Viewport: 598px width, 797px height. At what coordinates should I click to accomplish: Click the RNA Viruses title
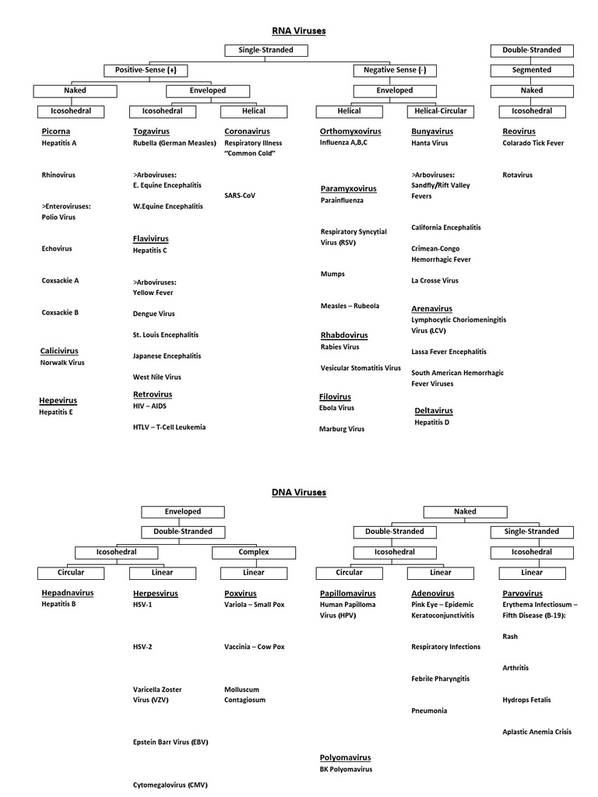298,30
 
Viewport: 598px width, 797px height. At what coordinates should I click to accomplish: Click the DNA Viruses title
298,492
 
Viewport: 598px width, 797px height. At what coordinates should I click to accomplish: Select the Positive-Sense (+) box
146,70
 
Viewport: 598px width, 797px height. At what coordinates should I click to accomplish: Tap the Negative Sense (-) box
395,70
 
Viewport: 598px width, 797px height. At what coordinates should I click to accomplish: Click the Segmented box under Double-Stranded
532,70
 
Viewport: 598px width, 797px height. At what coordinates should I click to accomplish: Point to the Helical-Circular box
441,111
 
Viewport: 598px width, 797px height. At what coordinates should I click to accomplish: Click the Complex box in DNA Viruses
254,552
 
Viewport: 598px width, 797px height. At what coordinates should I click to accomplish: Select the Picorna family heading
56,132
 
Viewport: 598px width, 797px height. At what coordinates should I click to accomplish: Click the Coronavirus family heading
247,132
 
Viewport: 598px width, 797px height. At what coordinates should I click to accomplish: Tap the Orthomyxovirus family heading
350,132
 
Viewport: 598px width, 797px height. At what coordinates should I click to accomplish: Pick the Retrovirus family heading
153,395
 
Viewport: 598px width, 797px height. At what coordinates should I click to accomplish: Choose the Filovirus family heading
335,396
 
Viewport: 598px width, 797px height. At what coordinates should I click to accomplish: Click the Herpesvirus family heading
156,593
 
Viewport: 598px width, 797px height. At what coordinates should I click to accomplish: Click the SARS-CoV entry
240,195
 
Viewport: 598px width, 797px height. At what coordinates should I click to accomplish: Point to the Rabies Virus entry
340,347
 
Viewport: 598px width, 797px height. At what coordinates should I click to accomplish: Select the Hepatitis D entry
432,422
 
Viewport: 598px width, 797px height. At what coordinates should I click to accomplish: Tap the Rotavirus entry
518,175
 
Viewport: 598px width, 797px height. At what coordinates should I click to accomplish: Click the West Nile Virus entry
157,377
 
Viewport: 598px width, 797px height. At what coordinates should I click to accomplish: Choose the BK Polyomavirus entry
346,769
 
